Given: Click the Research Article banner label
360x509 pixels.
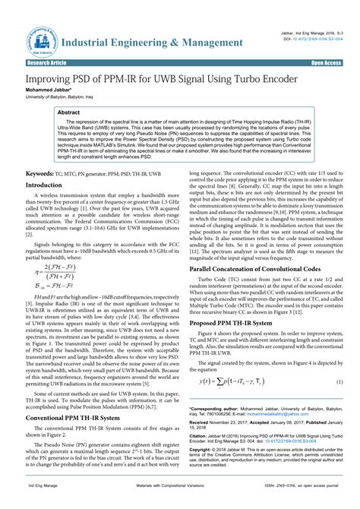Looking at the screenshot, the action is point(46,63).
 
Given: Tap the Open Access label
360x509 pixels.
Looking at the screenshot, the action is point(327,63).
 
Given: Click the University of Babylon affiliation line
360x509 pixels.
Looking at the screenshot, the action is point(60,97).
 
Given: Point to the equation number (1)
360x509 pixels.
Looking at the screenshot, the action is point(339,382).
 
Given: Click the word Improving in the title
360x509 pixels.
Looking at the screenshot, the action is point(55,78).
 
